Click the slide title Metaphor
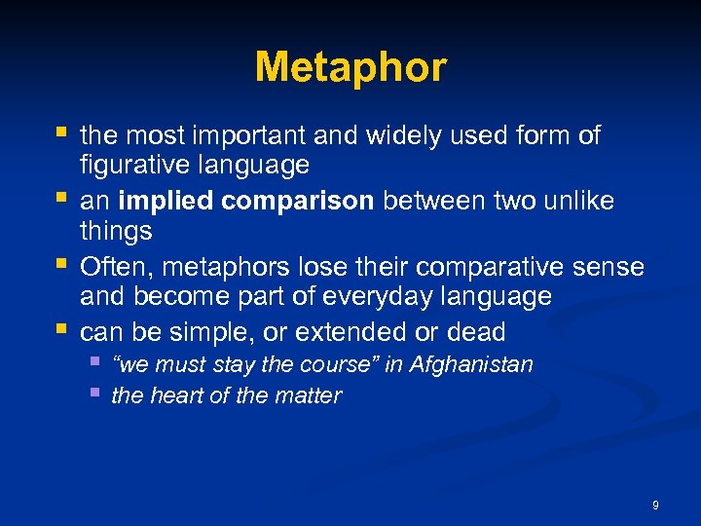pyautogui.click(x=350, y=68)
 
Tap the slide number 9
pyautogui.click(x=655, y=506)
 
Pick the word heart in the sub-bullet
pyautogui.click(x=175, y=396)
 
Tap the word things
pyautogui.click(x=116, y=232)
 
